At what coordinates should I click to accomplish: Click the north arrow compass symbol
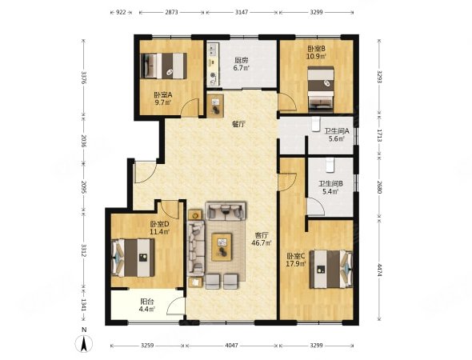(84, 342)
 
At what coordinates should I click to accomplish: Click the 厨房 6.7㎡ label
(241, 64)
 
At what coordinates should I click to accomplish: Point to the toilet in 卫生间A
(315, 124)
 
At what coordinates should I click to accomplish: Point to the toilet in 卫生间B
(330, 165)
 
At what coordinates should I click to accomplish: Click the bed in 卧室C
(331, 269)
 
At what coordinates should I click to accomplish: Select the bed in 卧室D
(133, 258)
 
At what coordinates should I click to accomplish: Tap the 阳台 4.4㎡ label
(147, 305)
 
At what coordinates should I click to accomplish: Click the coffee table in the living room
(222, 247)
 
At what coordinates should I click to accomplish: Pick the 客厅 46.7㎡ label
(262, 238)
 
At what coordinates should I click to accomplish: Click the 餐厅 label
(238, 124)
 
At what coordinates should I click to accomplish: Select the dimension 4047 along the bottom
(231, 346)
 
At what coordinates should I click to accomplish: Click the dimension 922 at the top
(121, 12)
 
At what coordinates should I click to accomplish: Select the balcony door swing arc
(174, 304)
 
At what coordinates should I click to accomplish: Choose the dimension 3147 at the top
(242, 12)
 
